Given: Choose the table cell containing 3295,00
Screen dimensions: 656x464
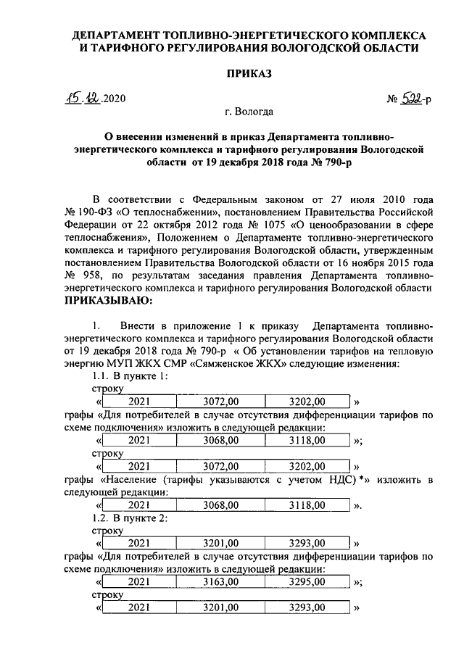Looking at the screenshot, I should point(307,582).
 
